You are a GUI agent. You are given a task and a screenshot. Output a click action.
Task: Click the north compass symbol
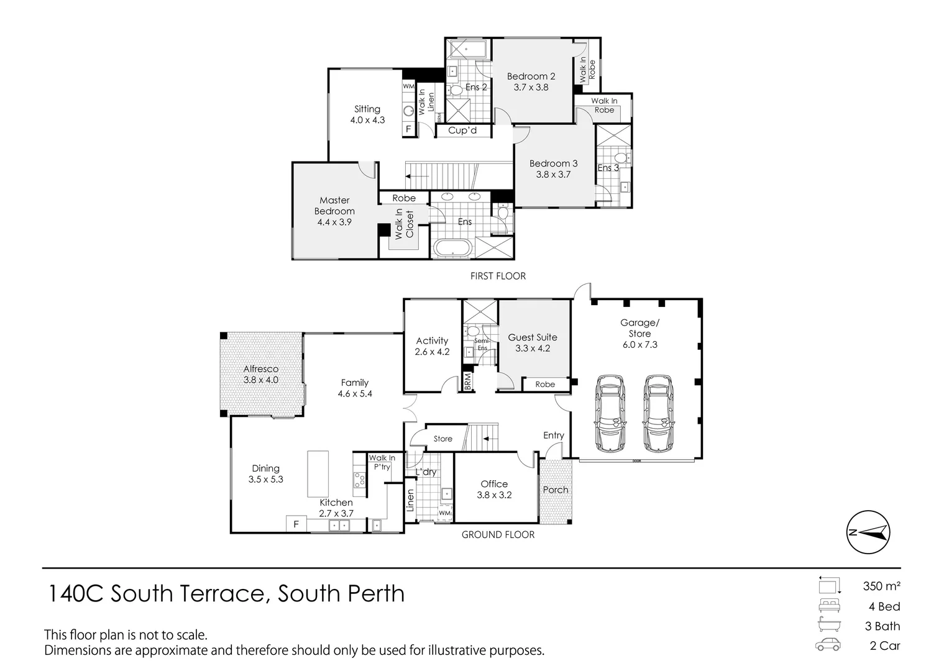point(868,532)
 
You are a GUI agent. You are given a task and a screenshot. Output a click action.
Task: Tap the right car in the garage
point(658,413)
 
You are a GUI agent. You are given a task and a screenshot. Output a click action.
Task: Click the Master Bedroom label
point(334,206)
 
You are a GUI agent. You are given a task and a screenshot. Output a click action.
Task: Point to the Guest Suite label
point(533,337)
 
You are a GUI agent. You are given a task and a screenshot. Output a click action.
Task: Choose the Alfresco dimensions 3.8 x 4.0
point(260,380)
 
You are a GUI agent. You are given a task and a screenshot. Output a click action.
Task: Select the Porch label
point(555,490)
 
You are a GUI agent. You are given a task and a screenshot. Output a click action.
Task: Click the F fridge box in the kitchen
point(296,524)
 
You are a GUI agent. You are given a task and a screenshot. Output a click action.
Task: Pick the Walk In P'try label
point(382,462)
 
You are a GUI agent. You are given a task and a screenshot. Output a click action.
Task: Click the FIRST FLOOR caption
point(498,276)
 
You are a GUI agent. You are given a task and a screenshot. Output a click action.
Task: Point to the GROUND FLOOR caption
point(498,534)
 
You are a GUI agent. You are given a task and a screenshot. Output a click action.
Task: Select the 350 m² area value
point(881,585)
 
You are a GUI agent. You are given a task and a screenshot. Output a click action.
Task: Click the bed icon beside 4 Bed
point(828,606)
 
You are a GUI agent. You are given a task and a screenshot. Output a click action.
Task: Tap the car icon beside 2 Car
point(828,645)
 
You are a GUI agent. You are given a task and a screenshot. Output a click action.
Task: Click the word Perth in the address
point(372,594)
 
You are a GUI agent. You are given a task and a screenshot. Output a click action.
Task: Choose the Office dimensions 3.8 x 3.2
point(494,495)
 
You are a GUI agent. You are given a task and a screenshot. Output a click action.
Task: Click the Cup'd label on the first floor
point(462,130)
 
